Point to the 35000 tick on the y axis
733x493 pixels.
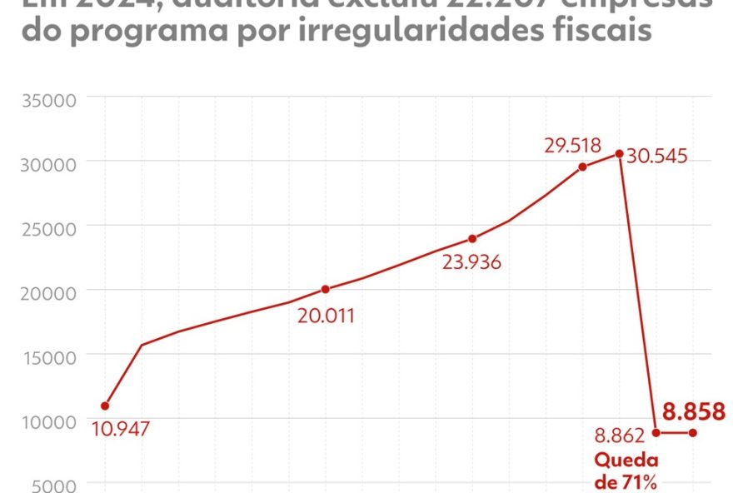[x=48, y=101]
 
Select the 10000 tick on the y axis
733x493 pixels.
[x=48, y=422]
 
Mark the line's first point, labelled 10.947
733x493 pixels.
[x=105, y=406]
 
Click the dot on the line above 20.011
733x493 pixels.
[x=325, y=289]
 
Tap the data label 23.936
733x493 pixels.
[x=472, y=264]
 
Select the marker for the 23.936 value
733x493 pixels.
[x=472, y=238]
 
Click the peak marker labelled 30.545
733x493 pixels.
[x=619, y=153]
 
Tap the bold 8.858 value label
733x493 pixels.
[x=693, y=411]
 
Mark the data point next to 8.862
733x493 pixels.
[x=656, y=432]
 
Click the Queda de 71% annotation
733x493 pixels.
[x=626, y=471]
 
